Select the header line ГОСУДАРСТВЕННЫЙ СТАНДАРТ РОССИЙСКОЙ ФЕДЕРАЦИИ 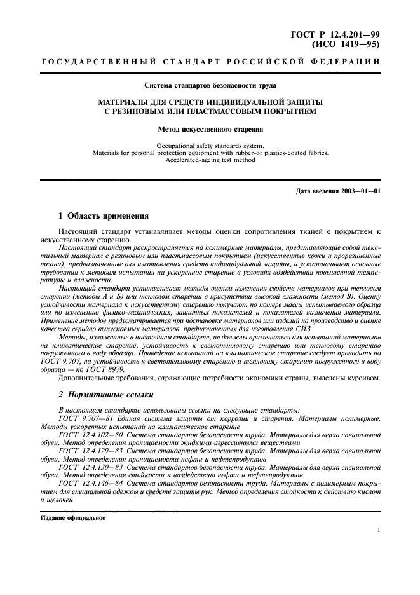(x=210, y=62)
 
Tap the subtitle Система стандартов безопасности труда (x=210, y=85)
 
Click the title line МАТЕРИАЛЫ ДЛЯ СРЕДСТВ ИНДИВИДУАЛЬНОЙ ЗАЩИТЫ (x=210, y=102)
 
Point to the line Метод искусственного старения (x=210, y=128)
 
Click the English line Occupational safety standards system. (x=210, y=146)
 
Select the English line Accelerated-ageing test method (x=210, y=161)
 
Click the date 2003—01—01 (x=361, y=191)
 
